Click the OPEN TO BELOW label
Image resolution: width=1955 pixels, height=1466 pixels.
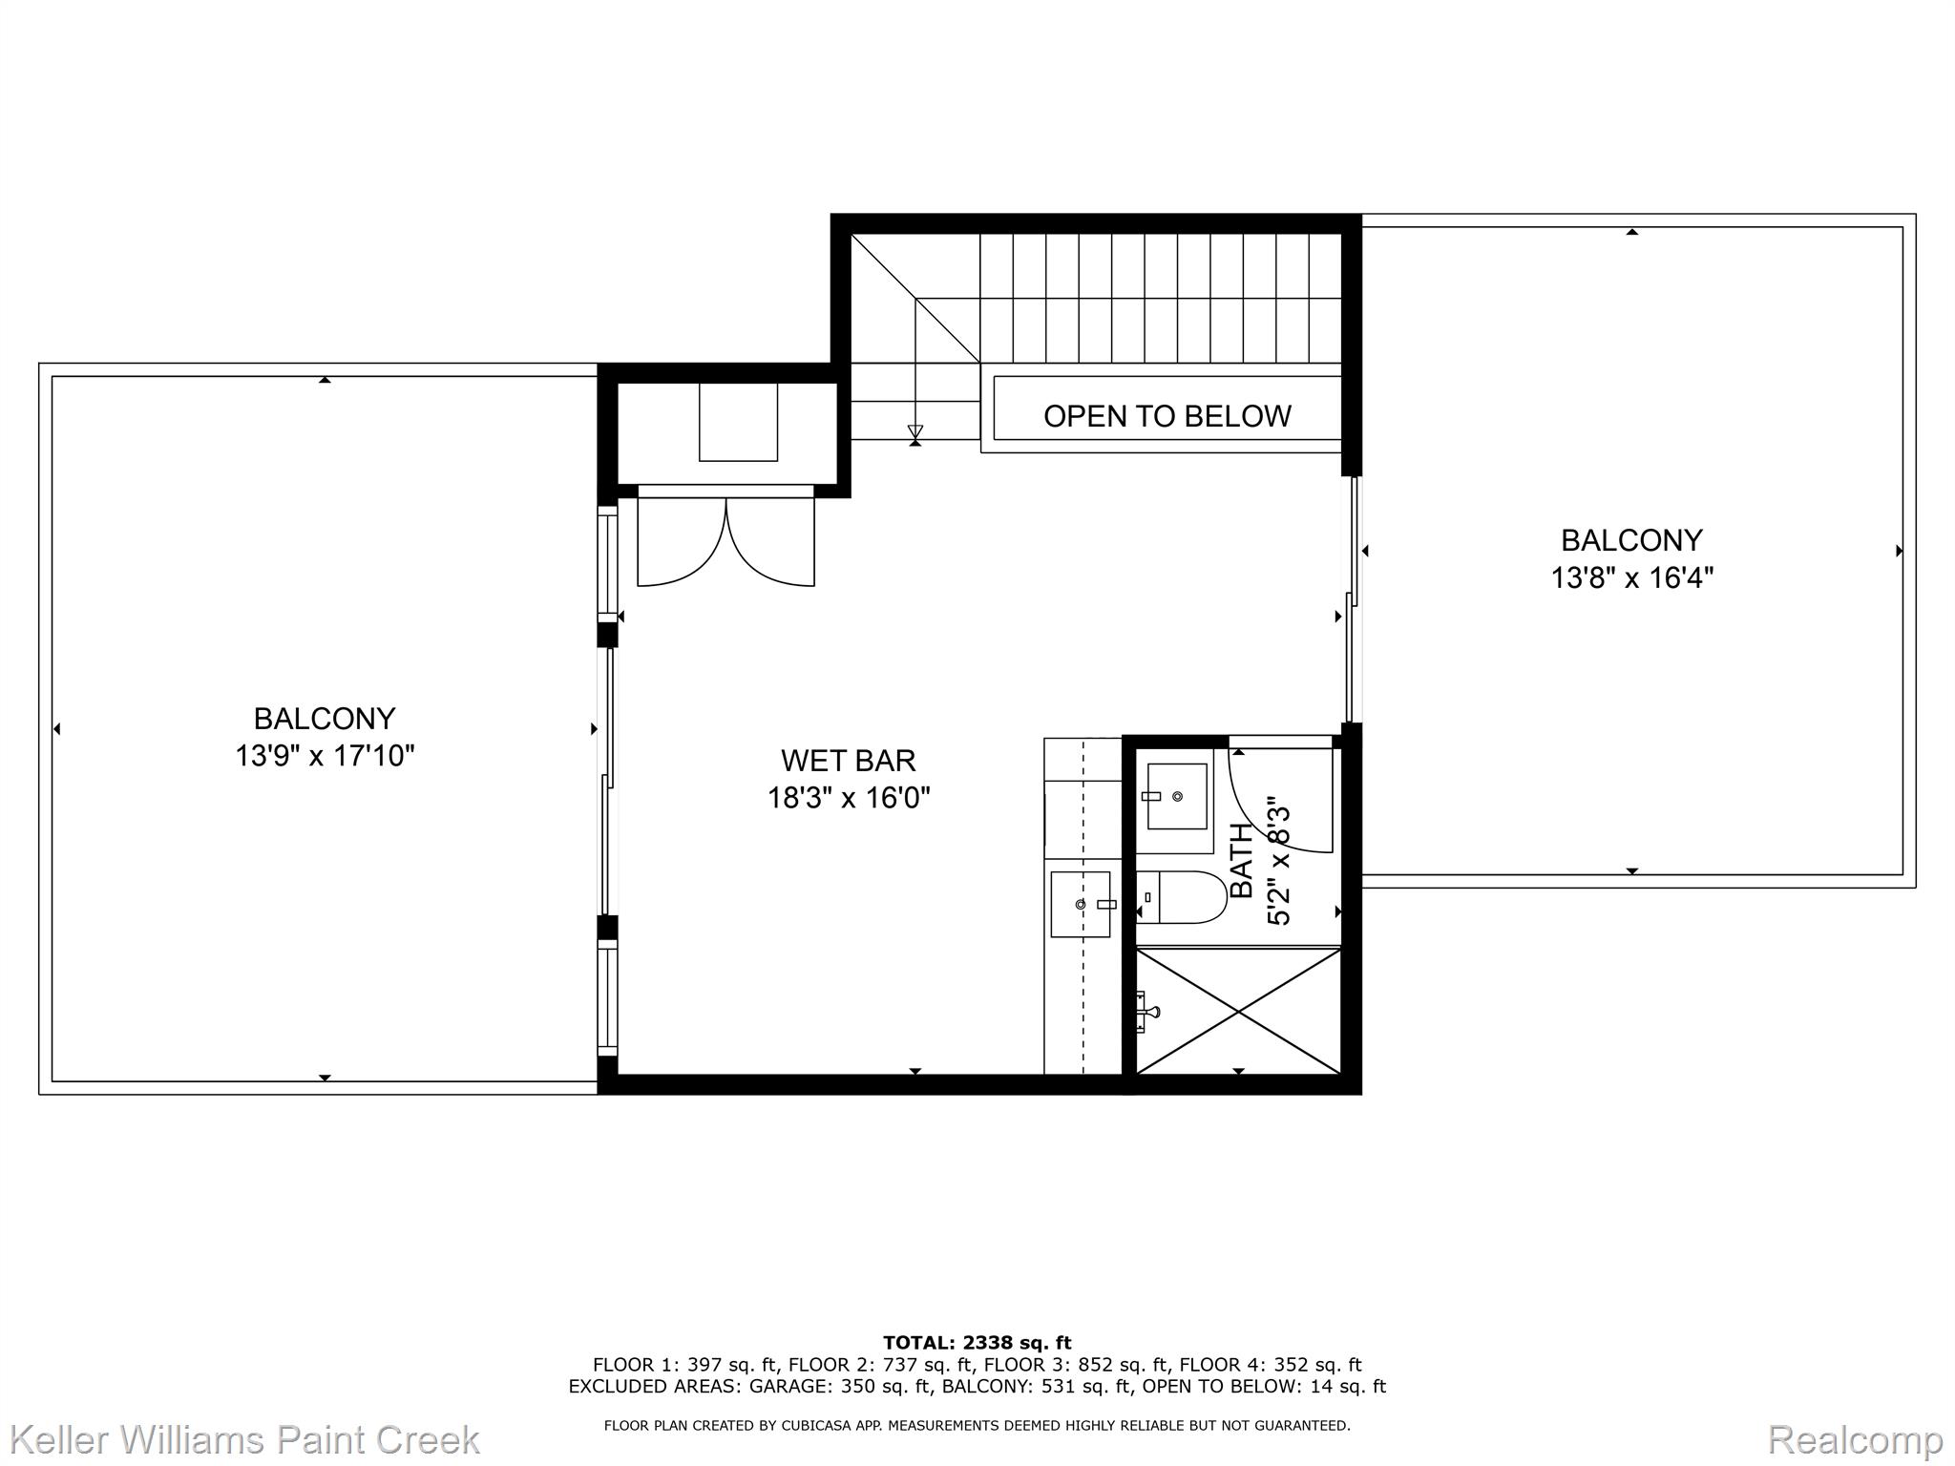1167,416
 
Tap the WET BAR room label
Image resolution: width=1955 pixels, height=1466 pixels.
848,761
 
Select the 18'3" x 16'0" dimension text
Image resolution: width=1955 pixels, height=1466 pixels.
849,798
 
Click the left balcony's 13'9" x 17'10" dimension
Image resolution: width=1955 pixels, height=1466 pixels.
325,756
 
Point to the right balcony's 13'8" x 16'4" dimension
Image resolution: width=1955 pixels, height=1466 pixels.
1632,578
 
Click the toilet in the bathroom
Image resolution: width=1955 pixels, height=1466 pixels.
1182,897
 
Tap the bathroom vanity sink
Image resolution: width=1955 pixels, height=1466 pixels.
1175,796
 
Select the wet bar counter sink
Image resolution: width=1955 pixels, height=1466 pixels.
1081,904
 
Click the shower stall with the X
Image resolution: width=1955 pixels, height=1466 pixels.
1238,1011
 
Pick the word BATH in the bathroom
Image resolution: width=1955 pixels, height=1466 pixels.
1241,861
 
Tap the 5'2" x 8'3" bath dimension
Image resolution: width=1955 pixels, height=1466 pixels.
1278,867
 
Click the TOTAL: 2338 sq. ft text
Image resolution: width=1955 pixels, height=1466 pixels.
977,1343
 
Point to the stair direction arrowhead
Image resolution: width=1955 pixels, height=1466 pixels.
915,432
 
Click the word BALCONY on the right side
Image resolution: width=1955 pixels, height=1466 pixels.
1631,541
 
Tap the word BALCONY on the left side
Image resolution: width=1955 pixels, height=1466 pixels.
325,719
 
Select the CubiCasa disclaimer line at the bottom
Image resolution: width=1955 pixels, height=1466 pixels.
977,1426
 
